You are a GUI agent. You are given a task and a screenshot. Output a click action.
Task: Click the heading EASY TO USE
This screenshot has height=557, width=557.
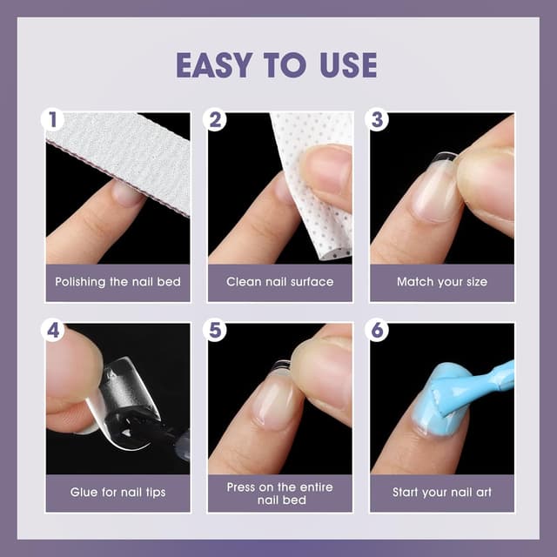(x=277, y=65)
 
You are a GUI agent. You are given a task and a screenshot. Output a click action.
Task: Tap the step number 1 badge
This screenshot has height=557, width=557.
(x=53, y=120)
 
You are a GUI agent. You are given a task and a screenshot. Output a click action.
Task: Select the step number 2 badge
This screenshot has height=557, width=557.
(x=216, y=120)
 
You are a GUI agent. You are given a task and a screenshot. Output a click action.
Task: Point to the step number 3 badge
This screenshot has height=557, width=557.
(x=378, y=120)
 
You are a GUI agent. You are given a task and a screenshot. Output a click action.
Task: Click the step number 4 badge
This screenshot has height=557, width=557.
(x=53, y=331)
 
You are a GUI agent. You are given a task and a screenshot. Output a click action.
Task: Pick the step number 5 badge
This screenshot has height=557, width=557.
(x=216, y=331)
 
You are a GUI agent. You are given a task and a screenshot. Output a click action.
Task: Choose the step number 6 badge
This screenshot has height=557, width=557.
(x=378, y=331)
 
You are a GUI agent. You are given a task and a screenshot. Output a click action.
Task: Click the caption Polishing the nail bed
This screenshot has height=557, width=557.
(x=117, y=282)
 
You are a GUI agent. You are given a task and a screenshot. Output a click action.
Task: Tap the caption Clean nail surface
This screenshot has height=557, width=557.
(x=279, y=282)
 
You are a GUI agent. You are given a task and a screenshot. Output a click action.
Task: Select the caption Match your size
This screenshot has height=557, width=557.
(x=441, y=282)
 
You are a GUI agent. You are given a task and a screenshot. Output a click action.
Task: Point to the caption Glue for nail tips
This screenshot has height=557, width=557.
(x=117, y=493)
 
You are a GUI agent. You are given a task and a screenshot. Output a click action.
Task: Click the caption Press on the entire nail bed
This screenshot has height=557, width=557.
(x=279, y=493)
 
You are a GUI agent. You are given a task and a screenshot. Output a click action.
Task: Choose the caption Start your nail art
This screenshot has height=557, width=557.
(x=441, y=493)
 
